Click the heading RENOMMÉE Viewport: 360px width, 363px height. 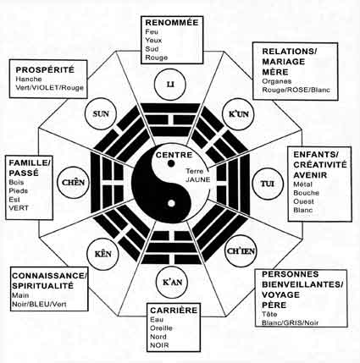coord(172,23)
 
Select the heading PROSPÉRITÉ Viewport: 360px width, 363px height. coord(45,69)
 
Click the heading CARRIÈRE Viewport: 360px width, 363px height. coord(174,311)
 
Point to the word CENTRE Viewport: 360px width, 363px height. coord(174,155)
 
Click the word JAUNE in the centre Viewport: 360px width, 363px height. coord(198,179)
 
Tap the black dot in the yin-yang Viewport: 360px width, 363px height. coord(171,163)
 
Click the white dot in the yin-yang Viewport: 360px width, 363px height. coord(171,203)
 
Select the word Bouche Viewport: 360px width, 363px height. coord(306,193)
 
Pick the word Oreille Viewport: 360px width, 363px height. coord(161,328)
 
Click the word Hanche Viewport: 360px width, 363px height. coord(29,79)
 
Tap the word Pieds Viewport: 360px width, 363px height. coord(19,191)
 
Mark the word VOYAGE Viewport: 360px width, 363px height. coord(280,294)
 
